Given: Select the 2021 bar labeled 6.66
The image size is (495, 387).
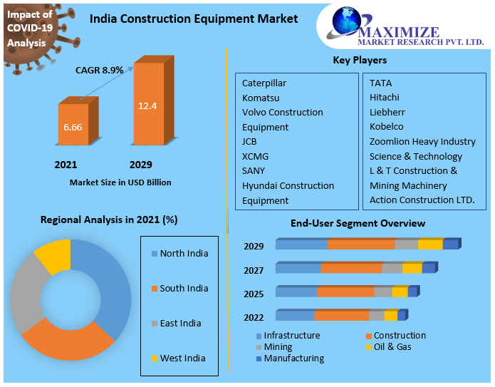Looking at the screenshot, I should [x=73, y=126].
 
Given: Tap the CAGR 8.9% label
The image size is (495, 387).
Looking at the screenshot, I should [x=99, y=70].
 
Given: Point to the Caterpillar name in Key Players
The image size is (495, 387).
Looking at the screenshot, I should [x=264, y=83].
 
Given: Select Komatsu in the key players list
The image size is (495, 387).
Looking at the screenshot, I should [x=261, y=98].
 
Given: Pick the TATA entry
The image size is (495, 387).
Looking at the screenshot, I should [x=380, y=83].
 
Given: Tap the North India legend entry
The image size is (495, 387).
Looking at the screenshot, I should [x=183, y=253].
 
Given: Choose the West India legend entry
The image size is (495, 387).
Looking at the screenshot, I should [x=182, y=358].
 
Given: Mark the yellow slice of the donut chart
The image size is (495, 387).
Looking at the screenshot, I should [x=54, y=255].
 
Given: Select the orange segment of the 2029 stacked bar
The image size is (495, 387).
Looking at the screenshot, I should [x=360, y=244].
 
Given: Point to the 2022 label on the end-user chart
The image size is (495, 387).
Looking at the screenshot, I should [x=254, y=317].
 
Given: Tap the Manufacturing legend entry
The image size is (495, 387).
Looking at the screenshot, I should [x=293, y=358].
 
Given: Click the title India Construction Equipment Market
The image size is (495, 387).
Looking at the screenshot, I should [x=194, y=19].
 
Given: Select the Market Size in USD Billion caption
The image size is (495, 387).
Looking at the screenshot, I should [x=120, y=182].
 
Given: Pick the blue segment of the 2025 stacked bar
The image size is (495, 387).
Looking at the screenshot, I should [x=296, y=292].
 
